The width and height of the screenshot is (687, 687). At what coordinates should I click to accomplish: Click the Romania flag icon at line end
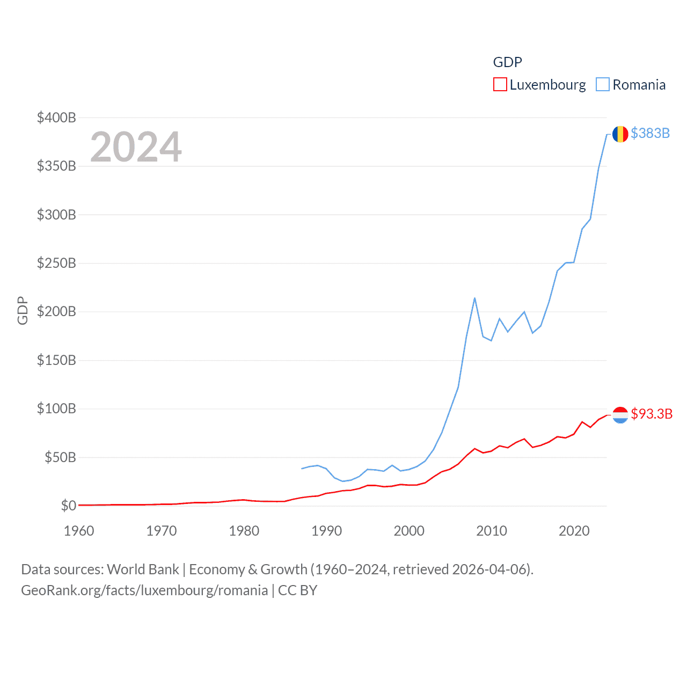(620, 134)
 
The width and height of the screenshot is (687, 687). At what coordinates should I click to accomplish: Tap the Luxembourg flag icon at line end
(620, 414)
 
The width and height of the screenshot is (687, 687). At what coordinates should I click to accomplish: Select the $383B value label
(650, 133)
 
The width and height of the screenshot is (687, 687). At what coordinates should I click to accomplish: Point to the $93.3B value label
(652, 414)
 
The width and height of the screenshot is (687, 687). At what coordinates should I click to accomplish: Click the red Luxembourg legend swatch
(500, 85)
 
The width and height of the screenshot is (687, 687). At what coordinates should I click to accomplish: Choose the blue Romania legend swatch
(603, 85)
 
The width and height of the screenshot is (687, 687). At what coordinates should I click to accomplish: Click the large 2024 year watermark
(136, 147)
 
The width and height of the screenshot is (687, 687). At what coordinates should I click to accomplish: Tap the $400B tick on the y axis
(56, 118)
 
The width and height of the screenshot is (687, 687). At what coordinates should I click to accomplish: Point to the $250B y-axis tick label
(56, 263)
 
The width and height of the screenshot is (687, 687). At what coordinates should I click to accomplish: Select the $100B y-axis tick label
(56, 408)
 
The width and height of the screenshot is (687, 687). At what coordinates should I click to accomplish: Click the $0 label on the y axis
(68, 506)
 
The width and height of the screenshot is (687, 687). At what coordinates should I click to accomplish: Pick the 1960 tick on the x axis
(79, 531)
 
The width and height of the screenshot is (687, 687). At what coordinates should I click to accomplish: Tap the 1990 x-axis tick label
(326, 531)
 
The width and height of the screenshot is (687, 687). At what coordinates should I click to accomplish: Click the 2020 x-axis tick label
(574, 531)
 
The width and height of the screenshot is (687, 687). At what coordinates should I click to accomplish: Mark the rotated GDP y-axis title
(23, 310)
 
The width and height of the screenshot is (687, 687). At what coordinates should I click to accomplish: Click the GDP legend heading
(507, 62)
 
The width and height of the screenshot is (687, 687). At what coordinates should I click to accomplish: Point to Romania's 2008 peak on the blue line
(474, 298)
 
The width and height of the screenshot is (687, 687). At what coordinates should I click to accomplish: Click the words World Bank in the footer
(143, 569)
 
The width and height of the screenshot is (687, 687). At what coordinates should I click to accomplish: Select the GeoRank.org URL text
(144, 590)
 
